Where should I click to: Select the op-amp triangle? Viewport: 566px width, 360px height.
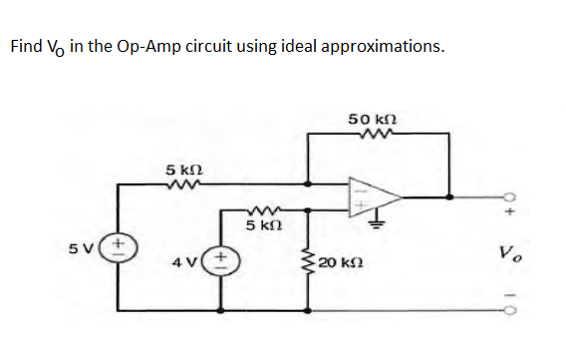(371, 196)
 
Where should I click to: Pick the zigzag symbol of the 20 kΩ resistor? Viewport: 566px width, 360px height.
(308, 261)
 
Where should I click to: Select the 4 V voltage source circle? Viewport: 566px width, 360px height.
(215, 264)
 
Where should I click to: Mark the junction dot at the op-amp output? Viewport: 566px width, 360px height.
(451, 196)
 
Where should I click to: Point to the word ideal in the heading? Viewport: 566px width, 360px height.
(300, 46)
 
